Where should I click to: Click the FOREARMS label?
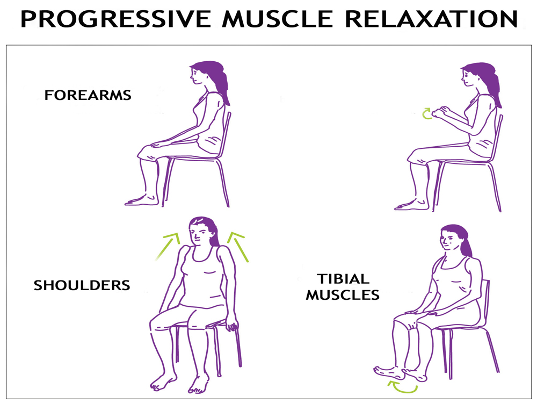click(88, 95)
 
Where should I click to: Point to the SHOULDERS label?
click(82, 285)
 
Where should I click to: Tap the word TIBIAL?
click(343, 278)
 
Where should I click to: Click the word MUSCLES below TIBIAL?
click(343, 294)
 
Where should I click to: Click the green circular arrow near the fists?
click(426, 114)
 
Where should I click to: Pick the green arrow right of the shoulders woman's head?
click(238, 246)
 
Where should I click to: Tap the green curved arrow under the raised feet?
click(402, 387)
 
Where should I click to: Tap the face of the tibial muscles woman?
click(449, 240)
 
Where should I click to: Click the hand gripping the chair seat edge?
click(232, 324)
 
